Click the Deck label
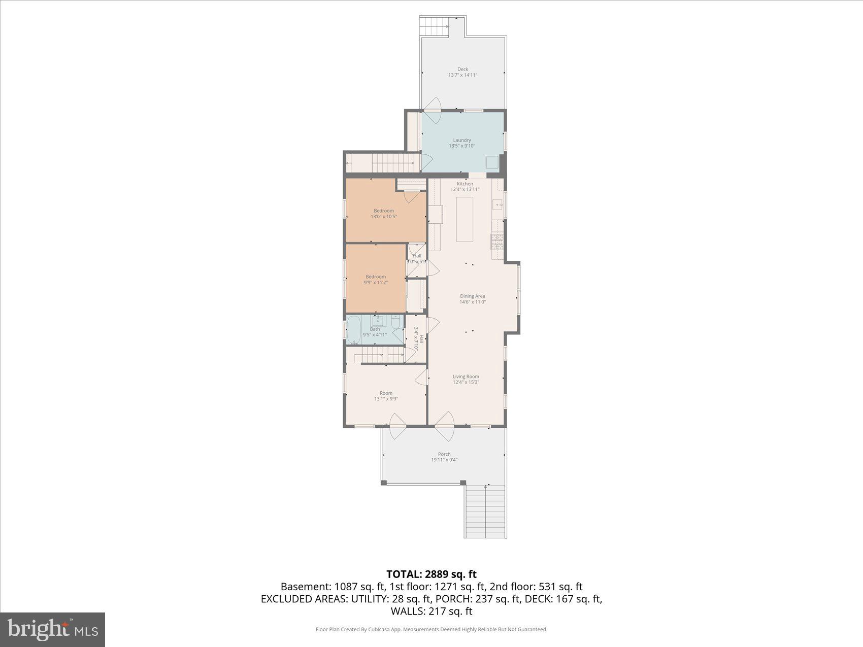point(462,69)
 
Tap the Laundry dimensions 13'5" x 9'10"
point(461,146)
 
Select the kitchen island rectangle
point(464,219)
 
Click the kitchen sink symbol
point(497,205)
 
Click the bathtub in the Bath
point(353,330)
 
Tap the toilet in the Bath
point(395,321)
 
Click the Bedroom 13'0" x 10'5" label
point(383,211)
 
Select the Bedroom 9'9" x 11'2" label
point(376,277)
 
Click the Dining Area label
point(472,296)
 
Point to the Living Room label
point(466,377)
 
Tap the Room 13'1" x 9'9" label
point(386,393)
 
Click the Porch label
point(444,454)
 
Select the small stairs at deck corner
point(435,26)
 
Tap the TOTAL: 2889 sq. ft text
point(432,574)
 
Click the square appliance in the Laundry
point(492,162)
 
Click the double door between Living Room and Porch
point(445,426)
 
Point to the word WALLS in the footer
point(407,611)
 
